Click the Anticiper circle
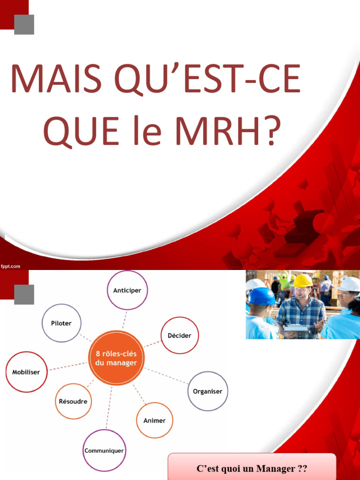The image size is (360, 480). click(x=127, y=290)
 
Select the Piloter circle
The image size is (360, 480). click(x=61, y=323)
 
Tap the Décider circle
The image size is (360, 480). click(x=180, y=336)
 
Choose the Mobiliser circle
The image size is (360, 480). click(x=27, y=372)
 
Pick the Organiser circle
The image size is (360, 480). click(x=208, y=391)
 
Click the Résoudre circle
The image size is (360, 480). click(x=73, y=401)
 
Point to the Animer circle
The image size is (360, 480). click(x=154, y=420)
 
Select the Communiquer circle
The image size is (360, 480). click(x=104, y=450)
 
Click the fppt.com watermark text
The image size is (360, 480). click(x=10, y=266)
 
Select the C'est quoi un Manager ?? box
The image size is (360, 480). click(x=252, y=468)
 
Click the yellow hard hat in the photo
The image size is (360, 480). click(x=302, y=280)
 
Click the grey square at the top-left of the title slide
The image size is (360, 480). click(x=24, y=24)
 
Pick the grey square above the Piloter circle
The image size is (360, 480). click(x=24, y=294)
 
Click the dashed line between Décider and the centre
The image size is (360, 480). click(x=152, y=345)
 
